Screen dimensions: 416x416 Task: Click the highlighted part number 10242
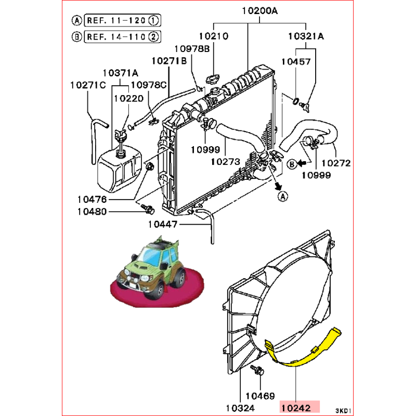(301, 407)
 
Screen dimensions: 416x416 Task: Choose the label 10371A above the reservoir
(120, 73)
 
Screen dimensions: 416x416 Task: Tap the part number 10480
(93, 212)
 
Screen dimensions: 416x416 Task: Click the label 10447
(163, 225)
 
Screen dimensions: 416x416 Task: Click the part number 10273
(225, 161)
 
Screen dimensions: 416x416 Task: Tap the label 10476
(93, 199)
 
